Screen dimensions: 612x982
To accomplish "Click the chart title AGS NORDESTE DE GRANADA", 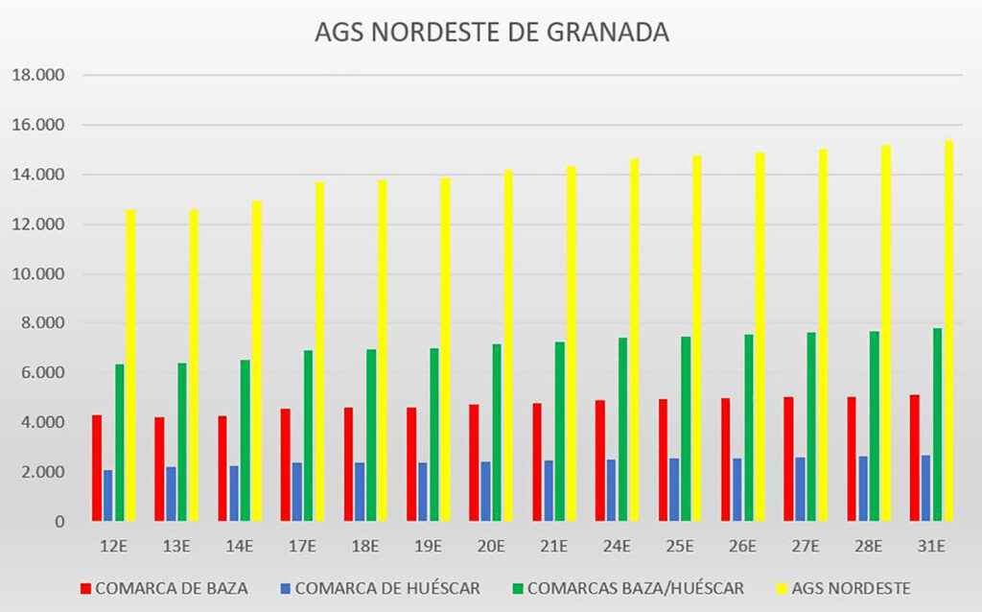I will [x=491, y=32].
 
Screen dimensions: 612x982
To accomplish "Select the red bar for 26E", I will [x=725, y=459].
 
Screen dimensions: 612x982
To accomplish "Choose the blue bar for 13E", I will [x=171, y=494].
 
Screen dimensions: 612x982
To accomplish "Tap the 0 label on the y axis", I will [x=58, y=522].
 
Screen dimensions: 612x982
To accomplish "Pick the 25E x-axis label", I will [x=679, y=547].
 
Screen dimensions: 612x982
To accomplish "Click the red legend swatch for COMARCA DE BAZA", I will [x=84, y=588].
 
